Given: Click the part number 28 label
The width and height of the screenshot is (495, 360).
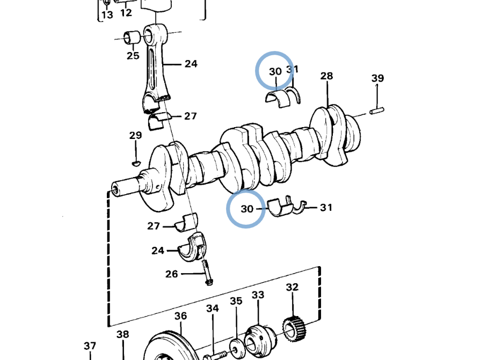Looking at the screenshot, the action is coord(326,76).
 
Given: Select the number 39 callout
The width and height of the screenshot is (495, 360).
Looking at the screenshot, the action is coord(377,78).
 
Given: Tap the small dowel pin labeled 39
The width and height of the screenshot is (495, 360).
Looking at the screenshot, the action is coord(377,111).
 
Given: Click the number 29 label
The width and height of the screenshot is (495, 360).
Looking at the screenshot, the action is coord(135,135).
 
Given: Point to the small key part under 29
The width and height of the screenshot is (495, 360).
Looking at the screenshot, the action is coord(136,163).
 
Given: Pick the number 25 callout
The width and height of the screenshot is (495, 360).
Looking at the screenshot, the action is coord(133,56).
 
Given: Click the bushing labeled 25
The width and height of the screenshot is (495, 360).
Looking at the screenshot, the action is coord(133,37).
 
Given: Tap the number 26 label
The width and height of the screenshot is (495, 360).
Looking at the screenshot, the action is coord(172,274).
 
